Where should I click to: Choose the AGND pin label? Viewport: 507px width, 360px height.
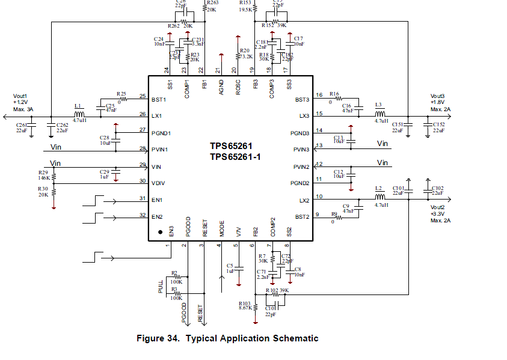pyautogui.click(x=221, y=87)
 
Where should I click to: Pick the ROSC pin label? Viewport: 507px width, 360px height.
pyautogui.click(x=238, y=87)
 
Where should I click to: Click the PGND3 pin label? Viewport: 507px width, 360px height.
pyautogui.click(x=300, y=133)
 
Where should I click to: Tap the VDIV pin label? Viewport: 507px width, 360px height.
pyautogui.click(x=158, y=183)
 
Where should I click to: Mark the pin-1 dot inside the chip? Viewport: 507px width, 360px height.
pyautogui.click(x=161, y=231)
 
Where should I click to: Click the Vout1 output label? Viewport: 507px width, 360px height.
pyautogui.click(x=21, y=96)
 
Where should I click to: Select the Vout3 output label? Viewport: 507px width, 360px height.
pyautogui.click(x=437, y=96)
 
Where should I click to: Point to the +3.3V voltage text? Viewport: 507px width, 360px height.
pyautogui.click(x=438, y=214)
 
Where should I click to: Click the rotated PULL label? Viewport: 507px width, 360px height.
pyautogui.click(x=161, y=287)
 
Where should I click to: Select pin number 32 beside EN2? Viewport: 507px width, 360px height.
pyautogui.click(x=143, y=215)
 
